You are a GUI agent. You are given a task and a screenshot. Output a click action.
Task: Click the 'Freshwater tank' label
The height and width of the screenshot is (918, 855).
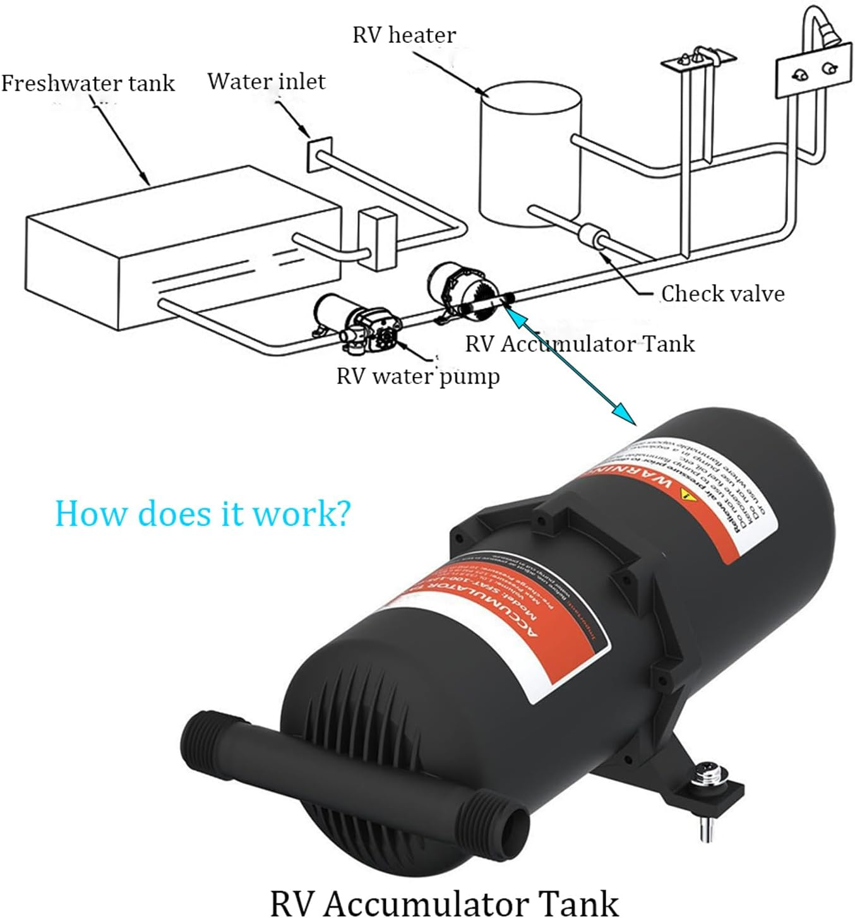coord(88,83)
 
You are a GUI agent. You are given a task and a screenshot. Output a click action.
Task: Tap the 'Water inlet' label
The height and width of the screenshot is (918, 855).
coord(266,81)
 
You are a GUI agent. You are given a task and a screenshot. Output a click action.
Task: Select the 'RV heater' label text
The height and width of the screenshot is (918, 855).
coord(404,35)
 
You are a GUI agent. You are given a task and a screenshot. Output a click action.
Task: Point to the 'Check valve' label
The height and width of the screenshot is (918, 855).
coord(722,294)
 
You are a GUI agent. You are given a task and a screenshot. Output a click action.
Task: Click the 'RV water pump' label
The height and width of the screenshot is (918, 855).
coord(417,376)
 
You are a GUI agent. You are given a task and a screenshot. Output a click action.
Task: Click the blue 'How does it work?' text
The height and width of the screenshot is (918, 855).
coord(201,513)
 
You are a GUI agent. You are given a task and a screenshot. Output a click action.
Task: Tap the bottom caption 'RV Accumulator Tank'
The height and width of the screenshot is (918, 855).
coord(444,902)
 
